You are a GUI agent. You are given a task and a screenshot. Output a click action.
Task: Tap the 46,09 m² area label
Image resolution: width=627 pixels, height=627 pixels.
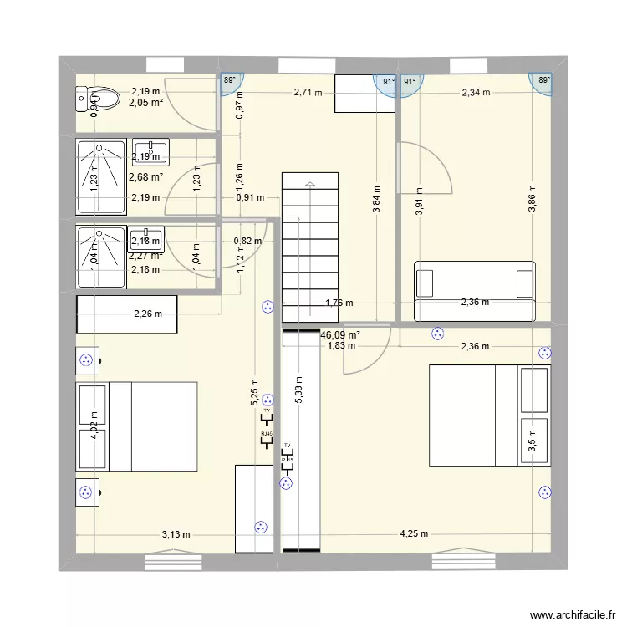click(x=340, y=334)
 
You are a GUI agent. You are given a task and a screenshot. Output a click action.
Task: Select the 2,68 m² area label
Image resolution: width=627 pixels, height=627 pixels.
click(x=145, y=177)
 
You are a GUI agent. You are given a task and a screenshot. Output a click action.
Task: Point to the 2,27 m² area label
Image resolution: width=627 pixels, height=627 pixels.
click(x=145, y=256)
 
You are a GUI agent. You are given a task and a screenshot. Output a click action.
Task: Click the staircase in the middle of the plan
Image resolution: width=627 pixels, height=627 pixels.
click(x=310, y=247)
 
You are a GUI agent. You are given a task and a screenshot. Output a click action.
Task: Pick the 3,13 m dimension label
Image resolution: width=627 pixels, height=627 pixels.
click(x=176, y=535)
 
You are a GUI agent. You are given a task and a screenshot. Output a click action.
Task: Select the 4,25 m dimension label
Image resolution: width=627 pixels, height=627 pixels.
click(x=414, y=534)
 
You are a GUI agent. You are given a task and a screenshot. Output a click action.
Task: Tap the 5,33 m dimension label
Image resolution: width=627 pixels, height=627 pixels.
click(x=298, y=390)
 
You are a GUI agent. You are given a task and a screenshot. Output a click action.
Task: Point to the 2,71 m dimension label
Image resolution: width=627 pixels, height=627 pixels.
click(x=307, y=93)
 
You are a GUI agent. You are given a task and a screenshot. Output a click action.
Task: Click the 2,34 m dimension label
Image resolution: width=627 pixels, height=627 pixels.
click(x=477, y=93)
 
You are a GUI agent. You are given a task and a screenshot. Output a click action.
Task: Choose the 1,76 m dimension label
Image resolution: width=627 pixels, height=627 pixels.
click(x=339, y=303)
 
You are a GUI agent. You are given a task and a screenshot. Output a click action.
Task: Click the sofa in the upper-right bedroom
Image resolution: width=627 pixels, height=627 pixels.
click(x=474, y=291)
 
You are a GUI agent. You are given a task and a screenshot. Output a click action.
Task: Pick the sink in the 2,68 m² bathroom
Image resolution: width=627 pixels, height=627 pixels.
click(x=150, y=151)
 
